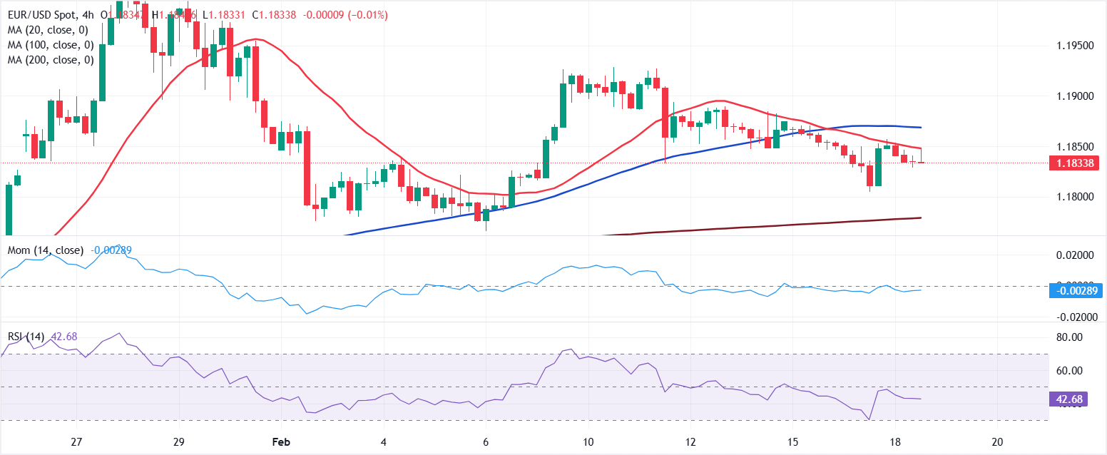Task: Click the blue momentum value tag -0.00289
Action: (1076, 290)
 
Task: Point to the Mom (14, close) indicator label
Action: (46, 250)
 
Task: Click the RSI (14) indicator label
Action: (27, 337)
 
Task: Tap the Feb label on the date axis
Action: (280, 441)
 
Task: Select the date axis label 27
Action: (77, 441)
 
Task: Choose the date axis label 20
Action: (998, 441)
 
